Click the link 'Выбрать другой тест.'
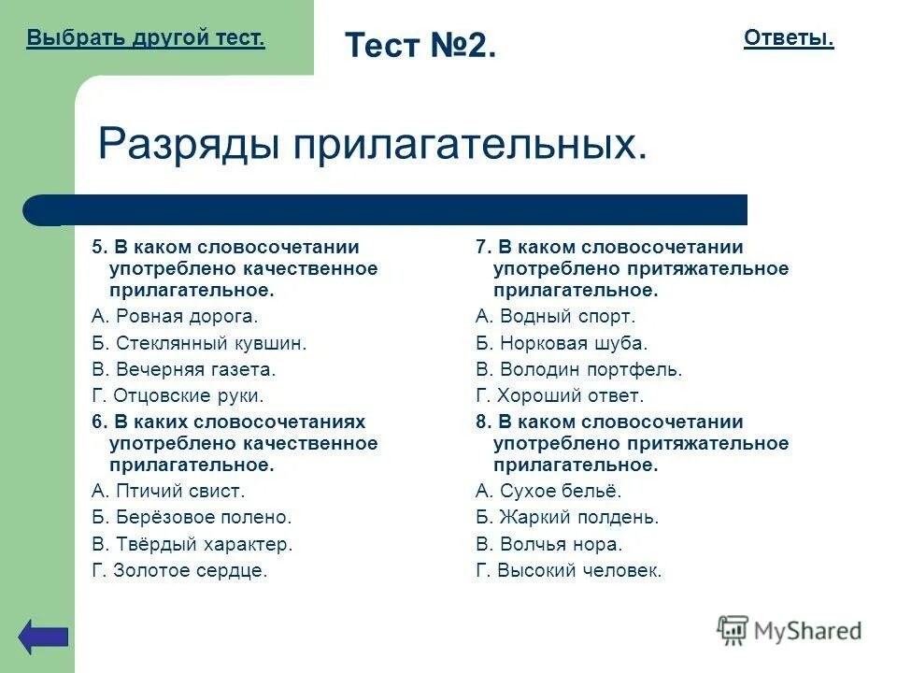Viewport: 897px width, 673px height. pyautogui.click(x=146, y=38)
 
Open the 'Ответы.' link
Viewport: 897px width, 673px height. pyautogui.click(x=789, y=38)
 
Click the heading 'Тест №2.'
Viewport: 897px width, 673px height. pyautogui.click(x=420, y=45)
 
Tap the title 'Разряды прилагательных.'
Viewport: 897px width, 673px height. pyautogui.click(x=372, y=144)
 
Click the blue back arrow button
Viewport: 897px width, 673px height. pyautogui.click(x=44, y=636)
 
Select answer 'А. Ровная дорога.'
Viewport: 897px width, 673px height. pyautogui.click(x=175, y=317)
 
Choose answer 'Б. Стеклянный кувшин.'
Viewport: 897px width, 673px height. pyautogui.click(x=199, y=343)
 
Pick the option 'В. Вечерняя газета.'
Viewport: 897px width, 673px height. pyautogui.click(x=183, y=369)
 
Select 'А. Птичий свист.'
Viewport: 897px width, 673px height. pyautogui.click(x=168, y=491)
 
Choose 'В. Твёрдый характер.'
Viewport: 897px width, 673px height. pyautogui.click(x=192, y=544)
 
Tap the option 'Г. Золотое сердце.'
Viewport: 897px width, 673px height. pyautogui.click(x=179, y=570)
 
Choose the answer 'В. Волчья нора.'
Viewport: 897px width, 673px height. pyautogui.click(x=548, y=544)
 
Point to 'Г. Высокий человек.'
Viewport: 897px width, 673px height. pyautogui.click(x=568, y=570)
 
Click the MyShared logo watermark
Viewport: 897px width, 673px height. pyautogui.click(x=790, y=631)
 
